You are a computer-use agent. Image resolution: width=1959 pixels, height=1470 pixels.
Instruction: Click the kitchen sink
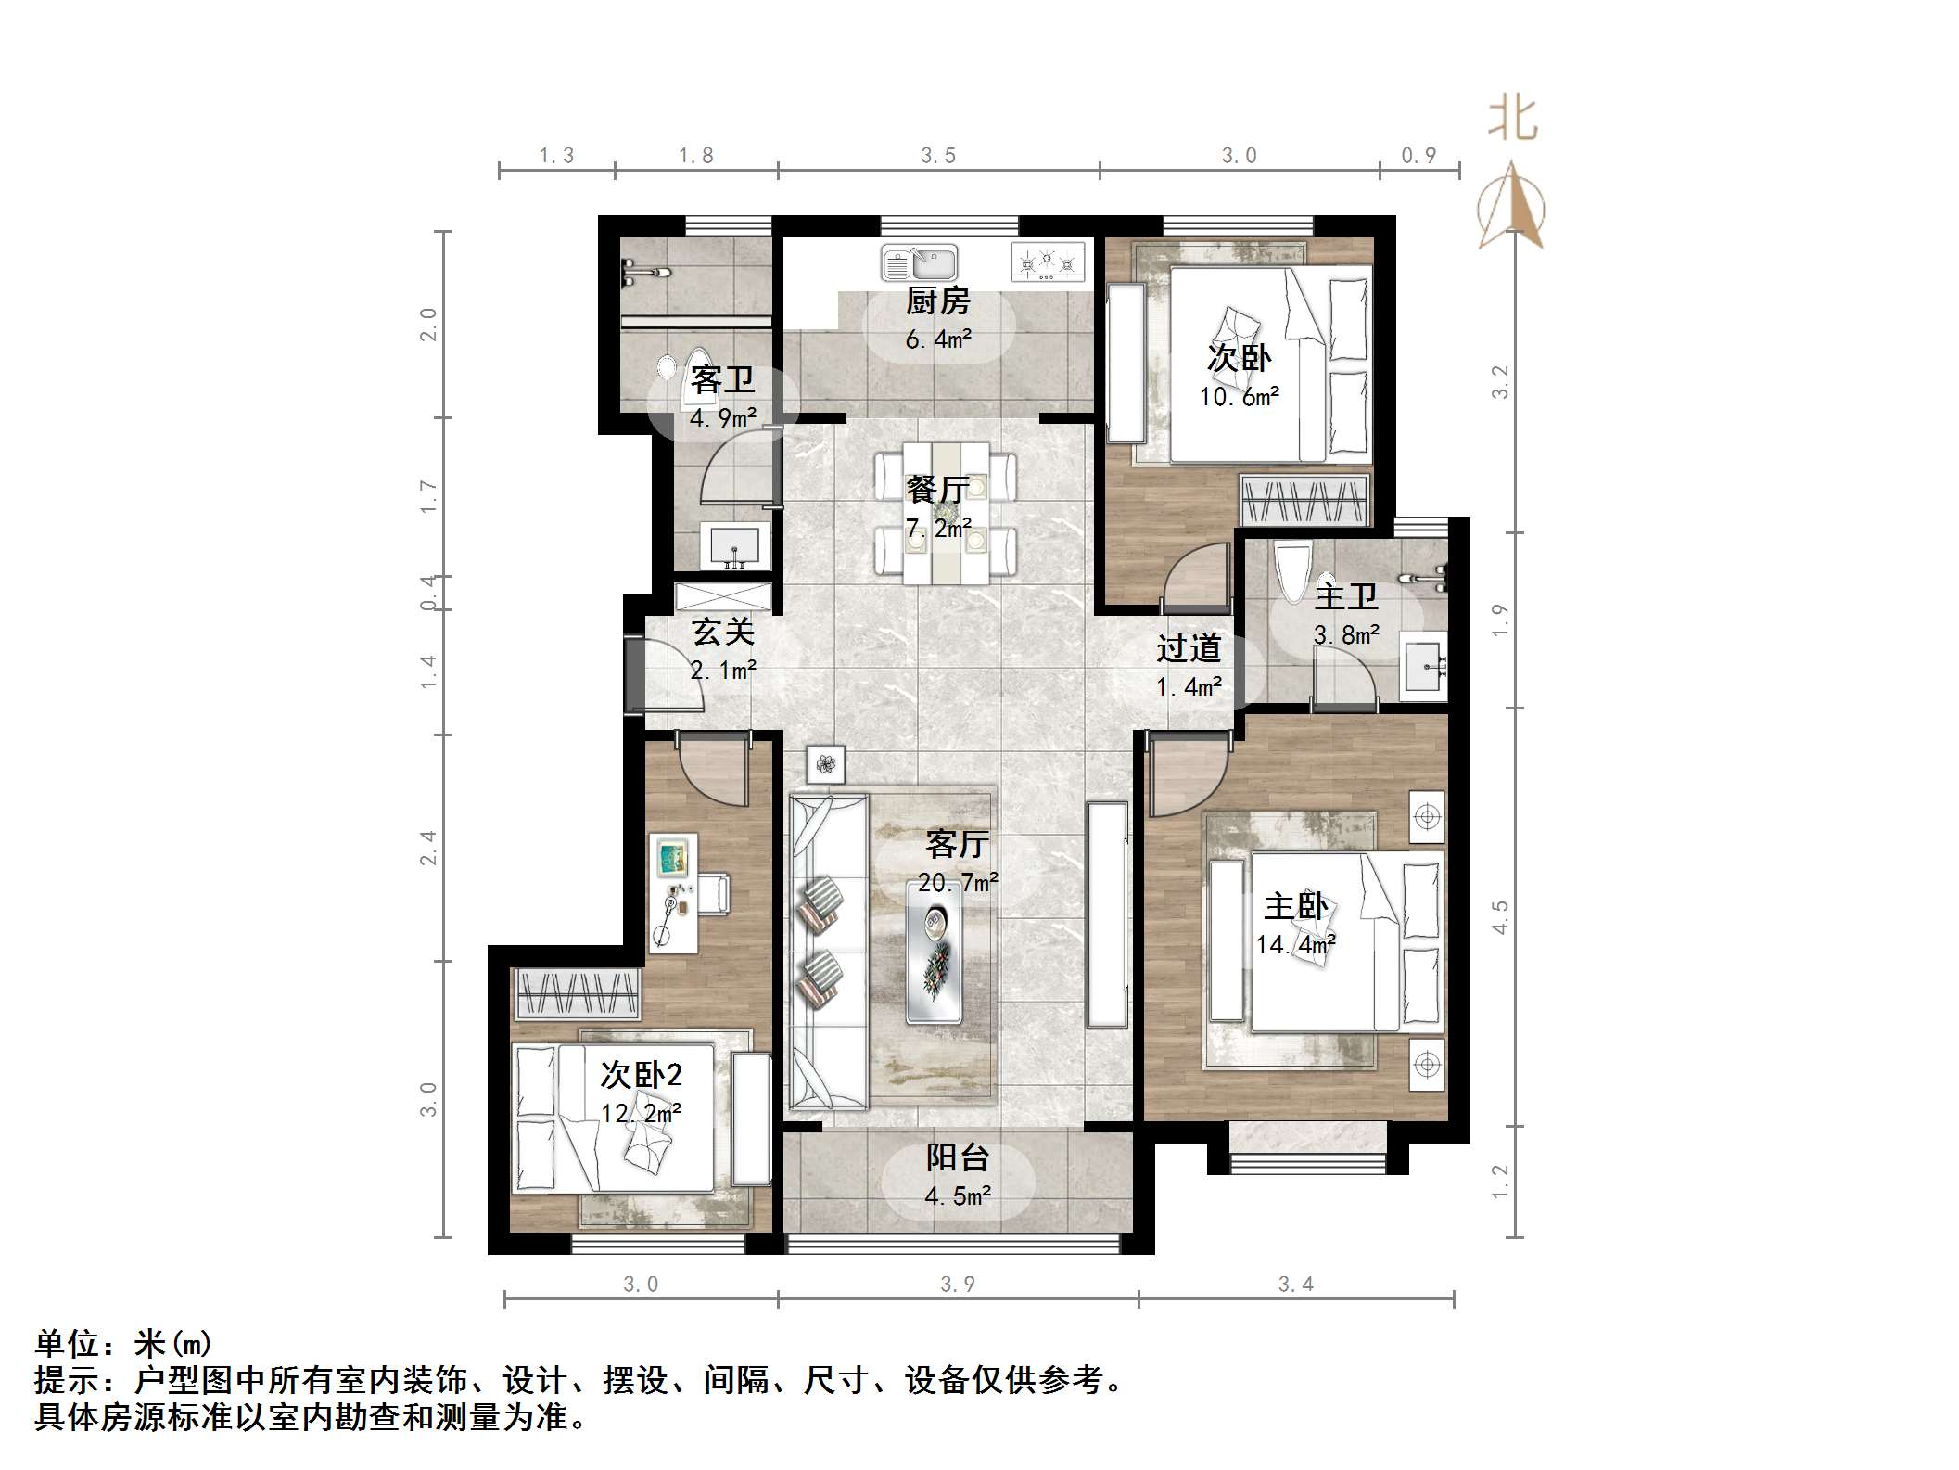point(918,262)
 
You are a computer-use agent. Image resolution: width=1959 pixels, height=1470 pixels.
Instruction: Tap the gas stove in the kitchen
point(1047,262)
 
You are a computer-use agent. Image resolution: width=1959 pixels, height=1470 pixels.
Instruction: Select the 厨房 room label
point(937,300)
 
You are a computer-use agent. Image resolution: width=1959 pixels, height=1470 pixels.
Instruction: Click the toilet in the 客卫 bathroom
point(694,372)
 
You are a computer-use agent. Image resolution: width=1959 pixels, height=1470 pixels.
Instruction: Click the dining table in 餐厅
point(947,511)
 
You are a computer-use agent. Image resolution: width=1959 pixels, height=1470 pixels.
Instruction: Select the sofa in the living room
point(828,952)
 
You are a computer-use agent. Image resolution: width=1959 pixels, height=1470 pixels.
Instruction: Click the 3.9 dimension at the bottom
point(957,1284)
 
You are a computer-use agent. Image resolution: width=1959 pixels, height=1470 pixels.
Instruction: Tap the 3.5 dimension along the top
point(937,156)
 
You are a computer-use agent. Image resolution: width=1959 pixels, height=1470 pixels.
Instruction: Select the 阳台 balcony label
point(957,1157)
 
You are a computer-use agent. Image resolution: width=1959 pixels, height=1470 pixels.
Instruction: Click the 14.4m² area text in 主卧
point(1294,945)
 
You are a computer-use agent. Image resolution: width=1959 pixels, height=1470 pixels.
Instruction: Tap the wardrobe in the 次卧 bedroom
point(1304,500)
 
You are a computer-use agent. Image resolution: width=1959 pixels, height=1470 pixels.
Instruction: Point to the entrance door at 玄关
point(634,674)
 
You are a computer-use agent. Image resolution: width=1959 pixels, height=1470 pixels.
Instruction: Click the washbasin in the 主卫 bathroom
point(1422,666)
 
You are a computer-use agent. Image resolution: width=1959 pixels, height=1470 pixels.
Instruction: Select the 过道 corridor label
point(1188,648)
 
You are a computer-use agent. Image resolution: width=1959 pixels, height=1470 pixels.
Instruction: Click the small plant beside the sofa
point(825,764)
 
